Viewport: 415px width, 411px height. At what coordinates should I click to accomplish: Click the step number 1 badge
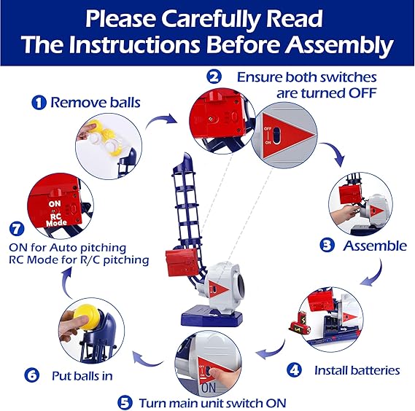pyautogui.click(x=39, y=103)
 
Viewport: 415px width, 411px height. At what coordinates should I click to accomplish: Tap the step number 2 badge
pyautogui.click(x=214, y=77)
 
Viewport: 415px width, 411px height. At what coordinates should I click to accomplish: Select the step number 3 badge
pyautogui.click(x=327, y=245)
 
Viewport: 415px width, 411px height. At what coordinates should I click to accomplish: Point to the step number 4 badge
pyautogui.click(x=294, y=369)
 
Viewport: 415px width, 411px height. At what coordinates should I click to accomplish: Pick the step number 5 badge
pyautogui.click(x=125, y=403)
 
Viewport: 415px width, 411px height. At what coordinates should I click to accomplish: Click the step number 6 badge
pyautogui.click(x=32, y=375)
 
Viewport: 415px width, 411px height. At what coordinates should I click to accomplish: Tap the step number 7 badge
pyautogui.click(x=17, y=229)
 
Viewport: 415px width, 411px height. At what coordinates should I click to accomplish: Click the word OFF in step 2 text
pyautogui.click(x=362, y=93)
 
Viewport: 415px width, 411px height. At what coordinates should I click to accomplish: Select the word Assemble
pyautogui.click(x=375, y=246)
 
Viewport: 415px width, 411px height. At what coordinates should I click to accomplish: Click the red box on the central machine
pyautogui.click(x=182, y=262)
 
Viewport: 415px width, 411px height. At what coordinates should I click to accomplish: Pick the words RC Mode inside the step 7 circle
pyautogui.click(x=56, y=219)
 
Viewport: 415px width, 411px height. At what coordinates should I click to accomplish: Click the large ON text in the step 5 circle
pyautogui.click(x=209, y=388)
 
